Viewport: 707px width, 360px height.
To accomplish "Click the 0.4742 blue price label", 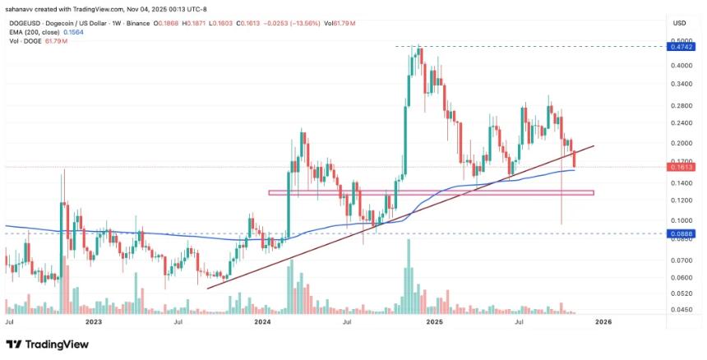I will coord(681,48).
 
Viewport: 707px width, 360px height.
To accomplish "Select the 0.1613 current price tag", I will coord(681,167).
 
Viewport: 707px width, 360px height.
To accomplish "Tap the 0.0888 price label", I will coord(681,234).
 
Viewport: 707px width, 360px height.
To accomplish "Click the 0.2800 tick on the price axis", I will coord(681,106).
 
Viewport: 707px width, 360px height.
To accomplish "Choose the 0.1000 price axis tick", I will coord(681,220).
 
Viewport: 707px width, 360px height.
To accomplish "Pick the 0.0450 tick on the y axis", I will coord(681,310).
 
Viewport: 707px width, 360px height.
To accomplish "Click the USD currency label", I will coord(680,21).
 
